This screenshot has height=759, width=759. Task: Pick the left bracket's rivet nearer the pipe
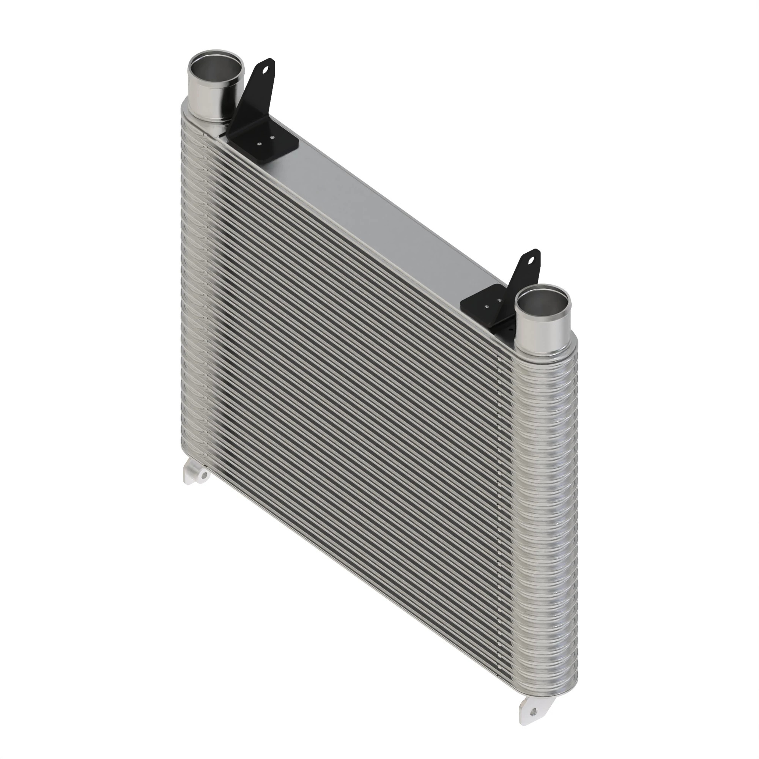coord(259,144)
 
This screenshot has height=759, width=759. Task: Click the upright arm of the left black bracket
coord(255,94)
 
